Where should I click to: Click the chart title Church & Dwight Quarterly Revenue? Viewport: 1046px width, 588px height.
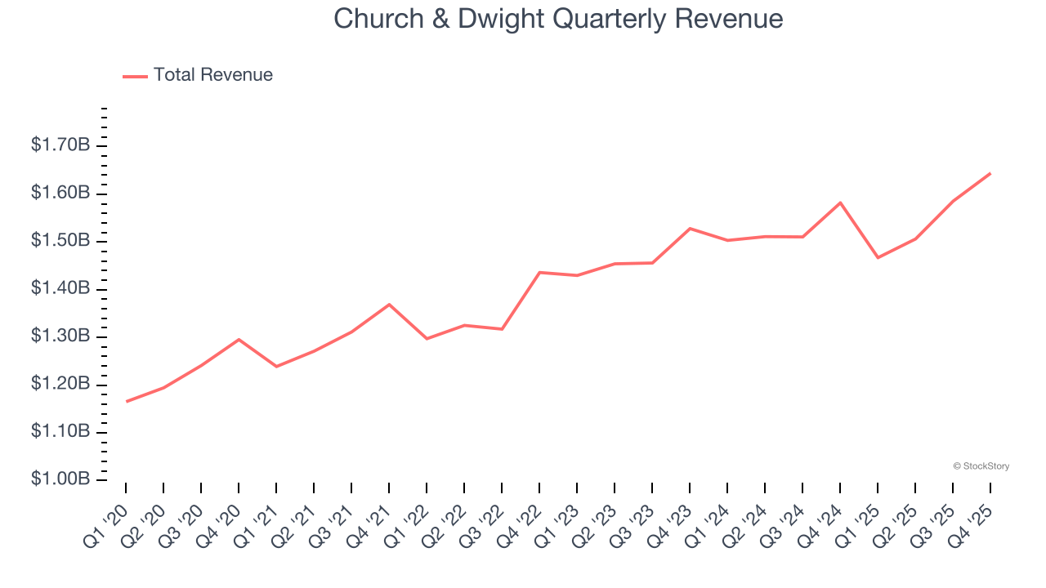[x=558, y=18]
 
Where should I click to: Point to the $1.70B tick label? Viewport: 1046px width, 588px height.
[x=60, y=145]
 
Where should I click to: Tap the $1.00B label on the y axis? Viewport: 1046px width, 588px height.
[x=60, y=479]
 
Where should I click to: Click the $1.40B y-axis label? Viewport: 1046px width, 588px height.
[x=60, y=288]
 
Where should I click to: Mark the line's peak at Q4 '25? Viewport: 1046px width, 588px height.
[x=990, y=173]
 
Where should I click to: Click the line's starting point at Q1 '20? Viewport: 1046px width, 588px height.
[x=127, y=401]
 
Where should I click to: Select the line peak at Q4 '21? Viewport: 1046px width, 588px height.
[x=389, y=305]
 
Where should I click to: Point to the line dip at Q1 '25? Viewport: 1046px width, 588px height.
[x=878, y=258]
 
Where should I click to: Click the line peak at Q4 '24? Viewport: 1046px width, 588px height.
[x=840, y=203]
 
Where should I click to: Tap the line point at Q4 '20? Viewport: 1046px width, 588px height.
[x=239, y=339]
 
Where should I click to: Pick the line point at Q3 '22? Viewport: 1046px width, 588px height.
[x=502, y=329]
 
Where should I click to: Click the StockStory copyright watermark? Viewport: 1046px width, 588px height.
[x=981, y=466]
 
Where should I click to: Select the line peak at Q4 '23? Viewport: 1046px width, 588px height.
[x=690, y=229]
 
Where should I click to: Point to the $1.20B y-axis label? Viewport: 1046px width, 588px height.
[x=60, y=384]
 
